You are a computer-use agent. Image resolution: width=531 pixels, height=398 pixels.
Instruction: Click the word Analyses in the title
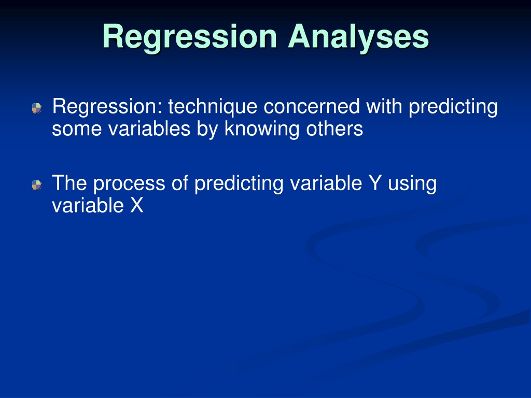358,37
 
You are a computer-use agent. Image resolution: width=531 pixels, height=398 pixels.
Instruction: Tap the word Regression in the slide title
190,38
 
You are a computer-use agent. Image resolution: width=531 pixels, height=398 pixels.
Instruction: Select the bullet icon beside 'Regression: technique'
37,108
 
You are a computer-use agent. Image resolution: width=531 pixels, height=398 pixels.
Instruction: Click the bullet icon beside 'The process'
37,185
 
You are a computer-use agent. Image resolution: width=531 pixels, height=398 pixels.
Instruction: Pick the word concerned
312,107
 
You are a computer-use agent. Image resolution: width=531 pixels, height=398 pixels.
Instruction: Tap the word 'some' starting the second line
77,129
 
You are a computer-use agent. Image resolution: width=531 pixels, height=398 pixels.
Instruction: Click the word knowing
262,130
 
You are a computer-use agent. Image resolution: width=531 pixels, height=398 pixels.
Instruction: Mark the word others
334,129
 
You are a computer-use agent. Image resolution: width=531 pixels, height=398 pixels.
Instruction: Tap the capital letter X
137,205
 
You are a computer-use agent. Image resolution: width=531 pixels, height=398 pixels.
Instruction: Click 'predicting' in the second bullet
239,184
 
